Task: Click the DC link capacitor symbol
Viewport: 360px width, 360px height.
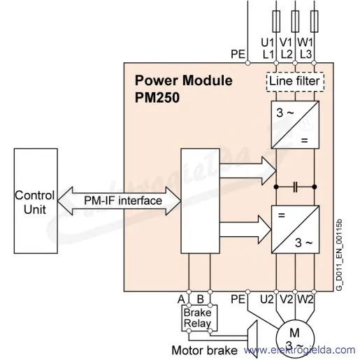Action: pyautogui.click(x=295, y=187)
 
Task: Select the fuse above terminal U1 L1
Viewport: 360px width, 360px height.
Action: pyautogui.click(x=276, y=21)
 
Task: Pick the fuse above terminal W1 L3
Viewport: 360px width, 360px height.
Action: pyautogui.click(x=314, y=21)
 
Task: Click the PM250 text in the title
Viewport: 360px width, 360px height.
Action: pyautogui.click(x=157, y=97)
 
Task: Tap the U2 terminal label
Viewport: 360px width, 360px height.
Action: pyautogui.click(x=266, y=299)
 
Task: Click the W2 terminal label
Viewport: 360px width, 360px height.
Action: pyautogui.click(x=305, y=299)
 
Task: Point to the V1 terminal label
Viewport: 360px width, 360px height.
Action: pyautogui.click(x=286, y=42)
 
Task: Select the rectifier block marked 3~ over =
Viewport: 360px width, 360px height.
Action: pyautogui.click(x=295, y=124)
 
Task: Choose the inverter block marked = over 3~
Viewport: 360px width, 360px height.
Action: pyautogui.click(x=295, y=229)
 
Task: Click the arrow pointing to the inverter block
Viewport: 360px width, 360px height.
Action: pyautogui.click(x=245, y=229)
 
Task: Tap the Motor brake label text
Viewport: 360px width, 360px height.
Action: pyautogui.click(x=205, y=350)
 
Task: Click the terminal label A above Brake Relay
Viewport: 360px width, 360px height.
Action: pyautogui.click(x=181, y=299)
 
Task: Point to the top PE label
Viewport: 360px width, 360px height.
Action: pyautogui.click(x=238, y=54)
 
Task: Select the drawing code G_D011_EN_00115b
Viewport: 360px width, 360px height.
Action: pyautogui.click(x=339, y=255)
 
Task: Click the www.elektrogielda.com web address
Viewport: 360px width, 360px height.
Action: pyautogui.click(x=300, y=350)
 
